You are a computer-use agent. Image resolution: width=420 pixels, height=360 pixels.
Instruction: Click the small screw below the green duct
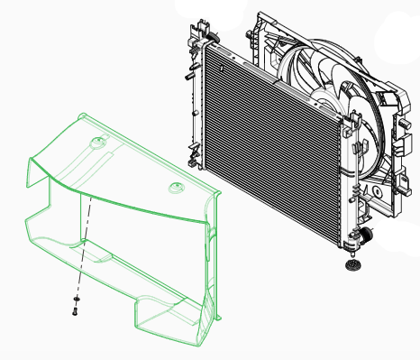pyautogui.click(x=75, y=312)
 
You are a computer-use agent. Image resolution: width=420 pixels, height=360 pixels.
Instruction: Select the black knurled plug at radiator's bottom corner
pyautogui.click(x=365, y=235)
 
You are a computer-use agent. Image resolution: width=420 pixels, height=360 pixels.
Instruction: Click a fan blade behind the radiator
pyautogui.click(x=306, y=68)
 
